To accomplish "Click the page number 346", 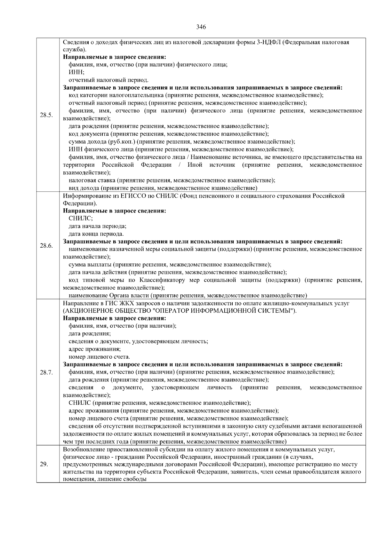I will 201,27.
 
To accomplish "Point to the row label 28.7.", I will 46,372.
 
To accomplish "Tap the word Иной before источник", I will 195,165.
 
